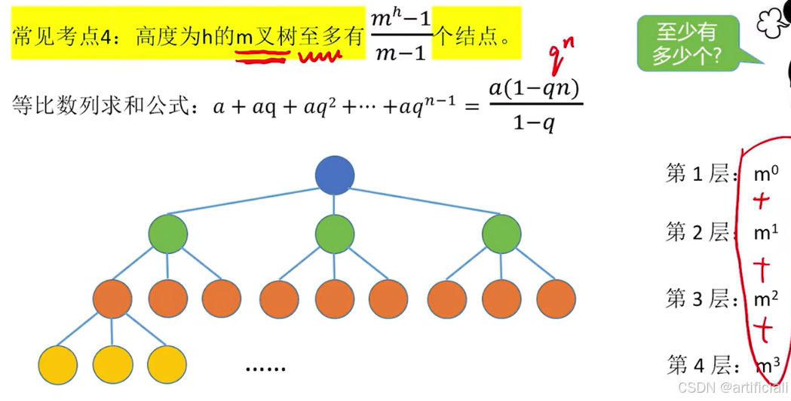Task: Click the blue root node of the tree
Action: pos(335,175)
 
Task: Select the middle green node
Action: pos(335,234)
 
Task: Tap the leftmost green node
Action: pos(167,234)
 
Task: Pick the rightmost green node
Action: pos(501,234)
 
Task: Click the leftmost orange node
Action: pos(112,298)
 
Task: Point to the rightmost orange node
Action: pos(556,298)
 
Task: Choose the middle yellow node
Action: pos(112,364)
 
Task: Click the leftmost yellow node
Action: pos(57,364)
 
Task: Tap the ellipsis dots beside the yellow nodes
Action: pos(266,369)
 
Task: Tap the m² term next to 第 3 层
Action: pos(766,299)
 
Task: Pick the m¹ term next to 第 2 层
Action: pos(765,234)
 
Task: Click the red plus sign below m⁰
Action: pos(762,201)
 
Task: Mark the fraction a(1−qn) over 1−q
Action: pos(534,106)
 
